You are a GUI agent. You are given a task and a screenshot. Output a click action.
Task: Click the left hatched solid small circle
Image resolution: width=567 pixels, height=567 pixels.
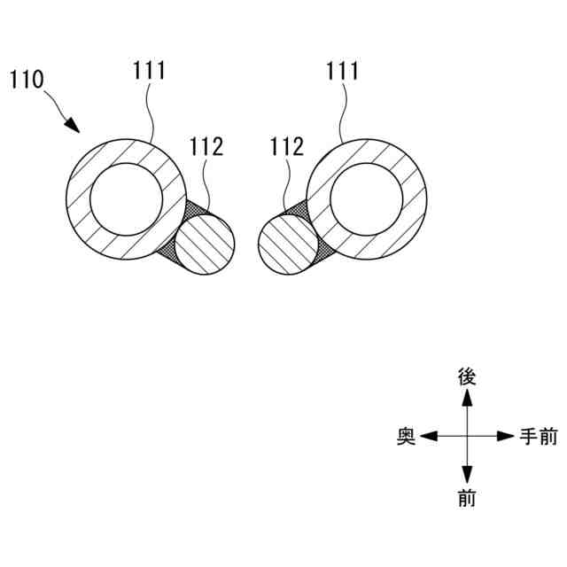[205, 246]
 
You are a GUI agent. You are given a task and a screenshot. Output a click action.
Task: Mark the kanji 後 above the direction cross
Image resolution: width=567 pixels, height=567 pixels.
[467, 377]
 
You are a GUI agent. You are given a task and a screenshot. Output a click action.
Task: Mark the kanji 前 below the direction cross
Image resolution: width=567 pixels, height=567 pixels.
[467, 499]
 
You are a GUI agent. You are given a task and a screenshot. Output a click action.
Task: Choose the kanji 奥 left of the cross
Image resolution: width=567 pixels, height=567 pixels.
[407, 437]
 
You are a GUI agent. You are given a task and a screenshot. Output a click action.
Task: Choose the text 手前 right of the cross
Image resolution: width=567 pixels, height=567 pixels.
[538, 437]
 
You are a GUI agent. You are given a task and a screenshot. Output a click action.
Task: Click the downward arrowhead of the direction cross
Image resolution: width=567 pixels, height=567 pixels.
[467, 476]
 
